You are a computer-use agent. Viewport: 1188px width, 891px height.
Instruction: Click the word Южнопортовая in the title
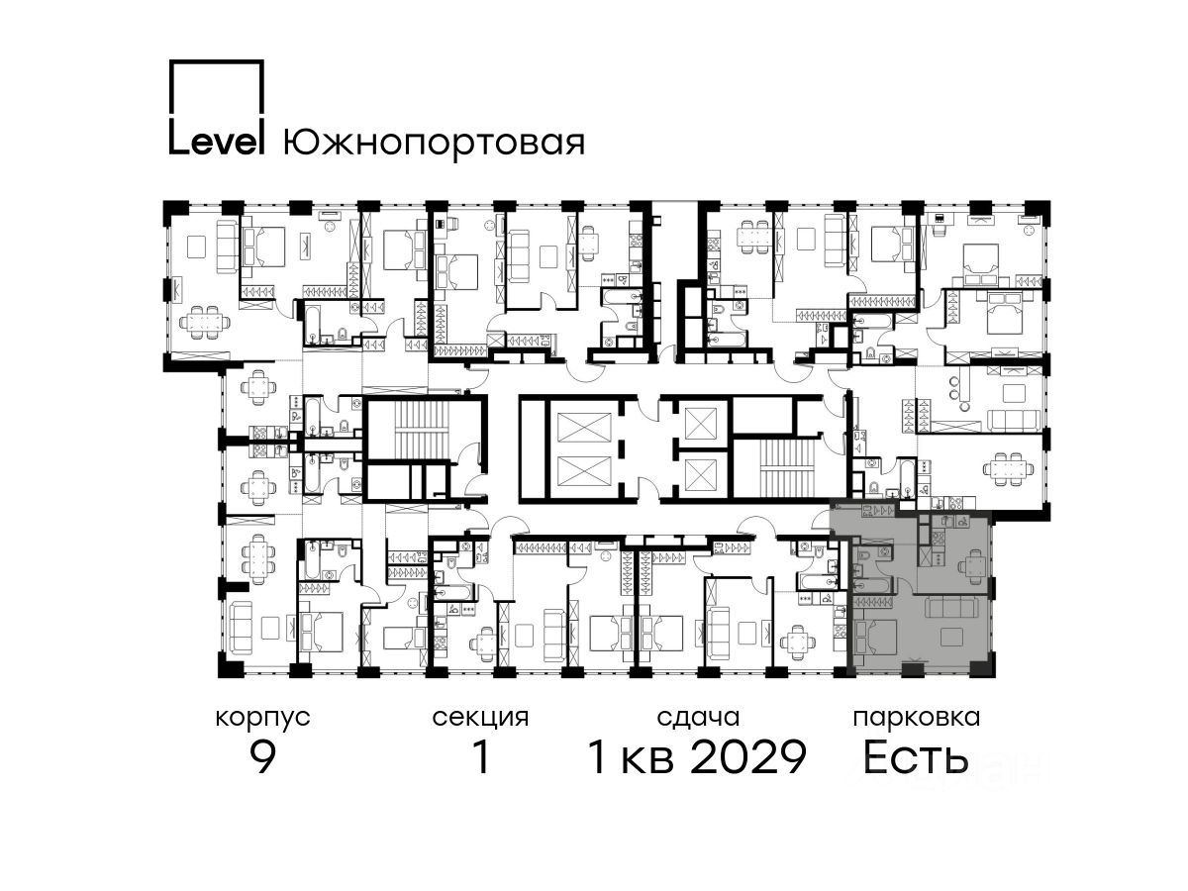(x=434, y=143)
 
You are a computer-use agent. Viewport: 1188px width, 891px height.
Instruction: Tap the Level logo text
(x=217, y=143)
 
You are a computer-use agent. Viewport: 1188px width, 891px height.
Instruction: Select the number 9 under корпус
(x=263, y=757)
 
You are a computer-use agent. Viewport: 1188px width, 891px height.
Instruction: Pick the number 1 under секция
(x=481, y=757)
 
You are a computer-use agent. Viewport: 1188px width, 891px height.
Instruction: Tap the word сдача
(x=698, y=718)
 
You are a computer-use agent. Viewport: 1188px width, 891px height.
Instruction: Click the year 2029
(x=750, y=757)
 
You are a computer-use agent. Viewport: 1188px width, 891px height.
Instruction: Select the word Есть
(x=915, y=757)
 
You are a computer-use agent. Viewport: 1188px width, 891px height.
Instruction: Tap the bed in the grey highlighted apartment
(x=874, y=637)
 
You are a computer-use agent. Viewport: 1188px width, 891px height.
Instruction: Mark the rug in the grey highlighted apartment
(x=951, y=637)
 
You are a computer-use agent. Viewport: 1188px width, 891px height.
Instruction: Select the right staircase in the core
(x=787, y=468)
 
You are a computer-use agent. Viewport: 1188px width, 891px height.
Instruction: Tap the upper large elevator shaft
(x=583, y=427)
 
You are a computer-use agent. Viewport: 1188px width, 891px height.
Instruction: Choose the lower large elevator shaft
(x=583, y=472)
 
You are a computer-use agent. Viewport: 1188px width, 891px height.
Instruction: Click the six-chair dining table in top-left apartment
(x=205, y=323)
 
